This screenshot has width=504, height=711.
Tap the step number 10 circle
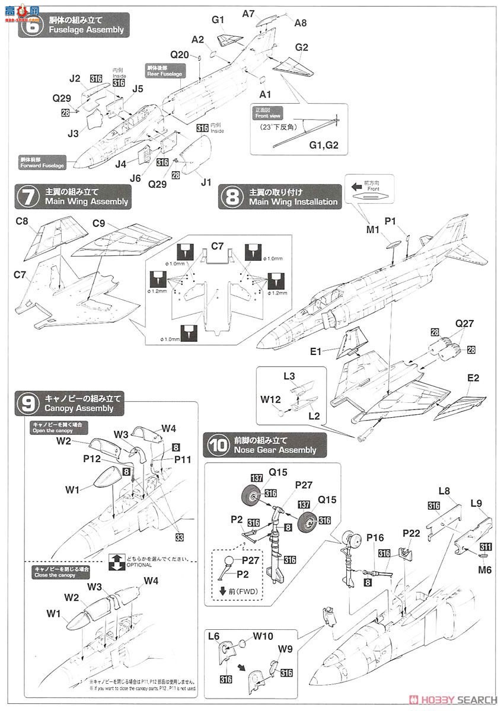[x=218, y=445]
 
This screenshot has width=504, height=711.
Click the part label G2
[x=302, y=47]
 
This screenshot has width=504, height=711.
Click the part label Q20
[x=180, y=55]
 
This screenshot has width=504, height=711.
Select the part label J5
[x=138, y=89]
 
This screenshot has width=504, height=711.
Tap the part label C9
[x=100, y=224]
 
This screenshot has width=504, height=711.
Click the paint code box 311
[x=486, y=547]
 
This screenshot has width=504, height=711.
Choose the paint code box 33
[x=179, y=537]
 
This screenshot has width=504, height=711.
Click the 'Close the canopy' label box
[x=56, y=572]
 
